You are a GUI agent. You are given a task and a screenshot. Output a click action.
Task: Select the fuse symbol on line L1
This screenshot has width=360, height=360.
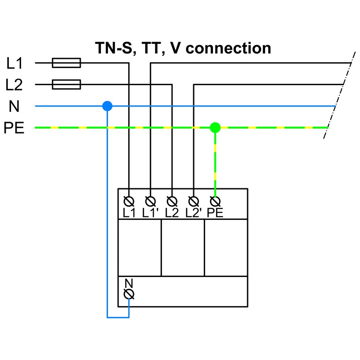click(66, 63)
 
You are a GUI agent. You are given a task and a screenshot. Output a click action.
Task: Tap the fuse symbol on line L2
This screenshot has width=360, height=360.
click(66, 84)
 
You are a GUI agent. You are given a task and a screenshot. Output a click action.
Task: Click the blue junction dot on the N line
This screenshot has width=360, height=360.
click(107, 106)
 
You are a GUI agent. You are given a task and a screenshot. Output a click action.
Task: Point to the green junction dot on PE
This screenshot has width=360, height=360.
click(215, 127)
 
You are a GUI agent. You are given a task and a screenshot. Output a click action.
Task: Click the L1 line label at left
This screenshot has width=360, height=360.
click(15, 63)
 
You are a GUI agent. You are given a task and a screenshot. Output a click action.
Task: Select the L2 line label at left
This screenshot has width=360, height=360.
click(15, 85)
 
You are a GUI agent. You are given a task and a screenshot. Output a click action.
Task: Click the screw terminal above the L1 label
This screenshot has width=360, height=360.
click(129, 202)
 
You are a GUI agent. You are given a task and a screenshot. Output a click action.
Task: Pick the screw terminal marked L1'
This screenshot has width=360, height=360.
click(151, 202)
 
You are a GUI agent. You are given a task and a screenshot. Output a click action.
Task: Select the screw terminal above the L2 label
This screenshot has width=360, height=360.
click(172, 202)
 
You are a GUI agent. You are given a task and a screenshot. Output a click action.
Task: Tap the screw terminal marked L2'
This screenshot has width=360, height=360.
click(193, 202)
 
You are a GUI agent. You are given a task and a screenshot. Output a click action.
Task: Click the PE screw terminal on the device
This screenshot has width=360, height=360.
click(215, 202)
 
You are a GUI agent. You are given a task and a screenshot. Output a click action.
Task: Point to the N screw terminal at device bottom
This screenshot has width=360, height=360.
click(129, 294)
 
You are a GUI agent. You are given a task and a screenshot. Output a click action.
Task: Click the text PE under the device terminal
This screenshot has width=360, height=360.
click(215, 213)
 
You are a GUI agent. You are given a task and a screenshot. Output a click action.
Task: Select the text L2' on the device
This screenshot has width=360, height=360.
click(193, 213)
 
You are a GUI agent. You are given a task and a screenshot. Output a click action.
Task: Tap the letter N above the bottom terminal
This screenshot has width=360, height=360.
click(129, 283)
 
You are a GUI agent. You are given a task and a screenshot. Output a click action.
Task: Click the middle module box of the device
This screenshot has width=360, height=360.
click(183, 248)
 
